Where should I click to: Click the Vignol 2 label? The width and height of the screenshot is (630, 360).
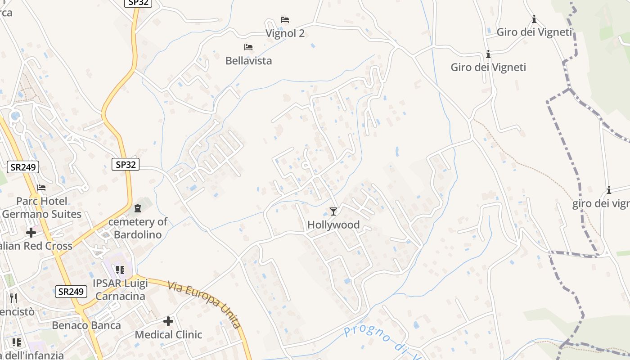coord(285,33)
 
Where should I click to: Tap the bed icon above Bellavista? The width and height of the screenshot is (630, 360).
coord(248,47)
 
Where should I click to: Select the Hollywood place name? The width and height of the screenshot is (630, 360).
coord(333,225)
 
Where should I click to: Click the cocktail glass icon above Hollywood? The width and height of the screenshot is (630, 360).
coord(333,211)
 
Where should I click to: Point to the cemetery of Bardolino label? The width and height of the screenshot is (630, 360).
coord(138,228)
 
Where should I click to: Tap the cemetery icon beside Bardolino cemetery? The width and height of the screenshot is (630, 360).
coord(138,208)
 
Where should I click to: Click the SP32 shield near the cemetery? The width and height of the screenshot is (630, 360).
coord(126,165)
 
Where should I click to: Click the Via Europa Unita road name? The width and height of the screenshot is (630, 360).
coord(205,305)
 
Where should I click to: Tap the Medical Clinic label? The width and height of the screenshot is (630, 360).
coord(168,335)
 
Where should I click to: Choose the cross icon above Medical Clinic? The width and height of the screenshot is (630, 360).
coord(168,321)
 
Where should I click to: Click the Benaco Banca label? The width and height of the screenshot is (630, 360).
coord(86,325)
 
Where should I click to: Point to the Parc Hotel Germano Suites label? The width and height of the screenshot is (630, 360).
coord(42,207)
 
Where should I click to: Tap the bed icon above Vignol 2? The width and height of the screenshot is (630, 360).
coord(285,20)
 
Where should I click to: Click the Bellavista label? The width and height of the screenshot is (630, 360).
coord(248,61)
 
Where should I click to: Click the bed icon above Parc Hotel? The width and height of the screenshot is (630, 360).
coord(41,188)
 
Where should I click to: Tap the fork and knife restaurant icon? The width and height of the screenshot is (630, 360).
coord(13,298)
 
